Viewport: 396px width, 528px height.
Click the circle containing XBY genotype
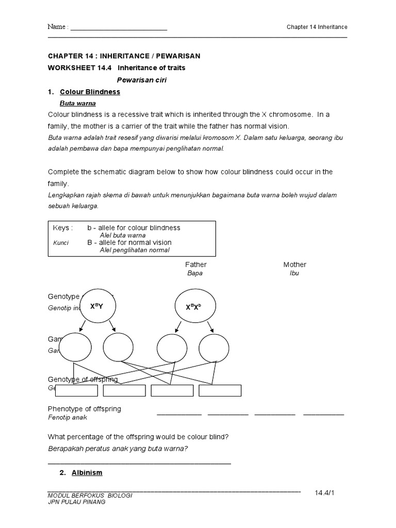point(97,306)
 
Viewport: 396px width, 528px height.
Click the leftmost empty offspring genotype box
point(76,390)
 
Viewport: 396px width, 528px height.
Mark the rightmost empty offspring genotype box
point(220,390)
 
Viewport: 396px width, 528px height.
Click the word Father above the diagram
point(195,265)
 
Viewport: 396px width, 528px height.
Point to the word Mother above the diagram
point(294,265)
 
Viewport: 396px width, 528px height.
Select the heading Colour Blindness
point(90,92)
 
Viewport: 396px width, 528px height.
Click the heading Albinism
point(87,472)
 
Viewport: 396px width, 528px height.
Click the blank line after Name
point(119,27)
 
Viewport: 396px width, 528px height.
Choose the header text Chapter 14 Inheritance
point(317,27)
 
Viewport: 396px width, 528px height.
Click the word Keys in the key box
point(63,228)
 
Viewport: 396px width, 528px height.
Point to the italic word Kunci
point(60,242)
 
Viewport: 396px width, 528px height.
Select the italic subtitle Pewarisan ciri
point(142,80)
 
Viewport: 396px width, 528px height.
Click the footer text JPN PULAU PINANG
point(76,502)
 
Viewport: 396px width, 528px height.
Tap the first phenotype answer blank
point(179,413)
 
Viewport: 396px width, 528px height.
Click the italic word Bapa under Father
point(194,273)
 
